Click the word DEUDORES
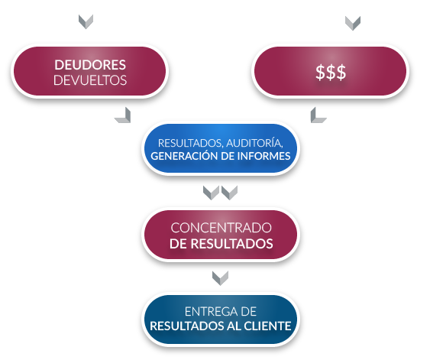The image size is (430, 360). [90, 65]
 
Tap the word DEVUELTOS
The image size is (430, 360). [90, 80]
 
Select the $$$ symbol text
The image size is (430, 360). [331, 73]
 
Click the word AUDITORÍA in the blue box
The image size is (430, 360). [254, 143]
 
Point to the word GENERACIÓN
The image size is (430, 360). [184, 156]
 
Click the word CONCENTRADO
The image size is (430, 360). [221, 228]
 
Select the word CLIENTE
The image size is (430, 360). [267, 326]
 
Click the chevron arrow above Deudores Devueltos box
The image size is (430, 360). [86, 22]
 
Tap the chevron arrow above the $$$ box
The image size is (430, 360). [353, 23]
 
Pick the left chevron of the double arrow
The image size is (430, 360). [211, 193]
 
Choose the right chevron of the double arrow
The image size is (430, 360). [229, 193]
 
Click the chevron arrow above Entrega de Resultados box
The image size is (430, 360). [220, 278]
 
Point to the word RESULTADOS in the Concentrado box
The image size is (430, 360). [231, 244]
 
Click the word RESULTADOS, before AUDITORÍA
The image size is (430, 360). [190, 143]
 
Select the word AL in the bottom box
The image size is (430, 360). [234, 326]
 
